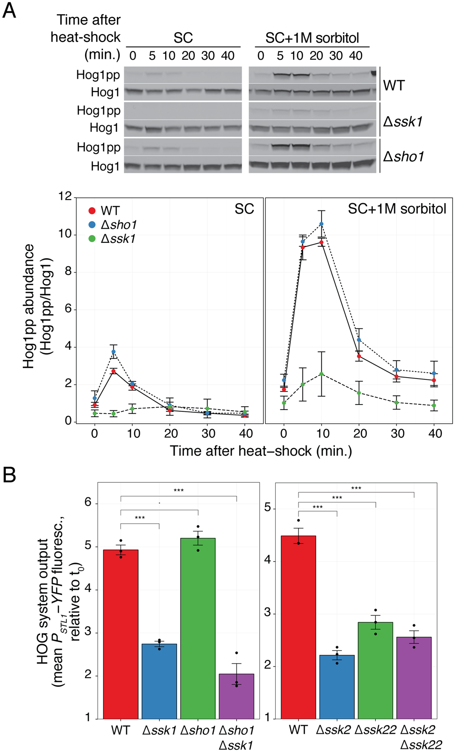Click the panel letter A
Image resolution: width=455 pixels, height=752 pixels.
pos(9,10)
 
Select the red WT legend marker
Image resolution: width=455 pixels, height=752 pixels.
pos(92,211)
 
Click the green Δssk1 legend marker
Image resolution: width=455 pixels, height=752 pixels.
pos(92,239)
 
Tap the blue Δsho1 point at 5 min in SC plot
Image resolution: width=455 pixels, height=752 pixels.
pos(114,352)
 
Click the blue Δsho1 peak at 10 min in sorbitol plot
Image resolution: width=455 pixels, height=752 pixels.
pos(322,224)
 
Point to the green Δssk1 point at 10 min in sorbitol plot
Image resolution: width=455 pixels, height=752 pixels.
pos(322,374)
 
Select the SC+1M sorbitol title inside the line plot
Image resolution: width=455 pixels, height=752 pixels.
pos(397,209)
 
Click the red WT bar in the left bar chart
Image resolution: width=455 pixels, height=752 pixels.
pos(121,633)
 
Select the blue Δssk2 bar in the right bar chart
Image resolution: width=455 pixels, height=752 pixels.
pos(337,686)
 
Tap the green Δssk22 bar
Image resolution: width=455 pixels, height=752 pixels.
pos(375,670)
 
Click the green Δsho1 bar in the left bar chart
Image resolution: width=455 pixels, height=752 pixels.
pos(197,629)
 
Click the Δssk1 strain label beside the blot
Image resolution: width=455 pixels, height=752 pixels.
pos(403,121)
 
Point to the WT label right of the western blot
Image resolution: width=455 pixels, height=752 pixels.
pos(394,85)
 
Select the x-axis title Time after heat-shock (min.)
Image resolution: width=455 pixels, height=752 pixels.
pos(261,451)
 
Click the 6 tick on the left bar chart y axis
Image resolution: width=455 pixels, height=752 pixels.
pos(88,502)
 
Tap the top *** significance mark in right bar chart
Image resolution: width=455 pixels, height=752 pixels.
pos(356,488)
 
